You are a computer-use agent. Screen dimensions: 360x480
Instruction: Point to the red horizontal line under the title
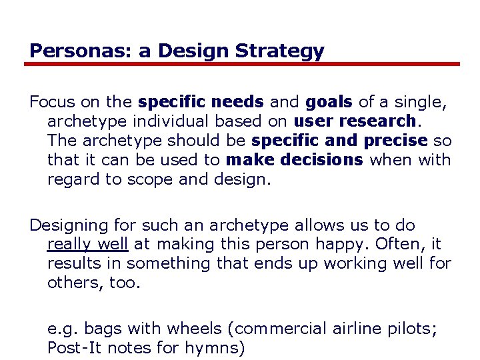coord(241,65)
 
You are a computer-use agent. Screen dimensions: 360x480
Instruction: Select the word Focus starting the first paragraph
coord(52,102)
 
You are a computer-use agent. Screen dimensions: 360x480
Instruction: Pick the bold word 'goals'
coord(329,102)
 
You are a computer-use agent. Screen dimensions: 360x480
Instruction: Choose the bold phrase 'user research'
coord(355,121)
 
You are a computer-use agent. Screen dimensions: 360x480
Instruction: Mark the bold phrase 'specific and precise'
coord(339,141)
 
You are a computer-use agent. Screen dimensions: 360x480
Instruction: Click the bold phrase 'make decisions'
coord(295,160)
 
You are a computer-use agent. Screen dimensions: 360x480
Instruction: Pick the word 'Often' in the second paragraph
coord(402,244)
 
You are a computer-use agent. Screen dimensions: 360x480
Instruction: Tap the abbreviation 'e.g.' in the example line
coord(61,328)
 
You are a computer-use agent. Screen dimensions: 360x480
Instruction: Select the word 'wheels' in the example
coord(194,328)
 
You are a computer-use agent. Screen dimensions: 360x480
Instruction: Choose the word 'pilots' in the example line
coord(411,328)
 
